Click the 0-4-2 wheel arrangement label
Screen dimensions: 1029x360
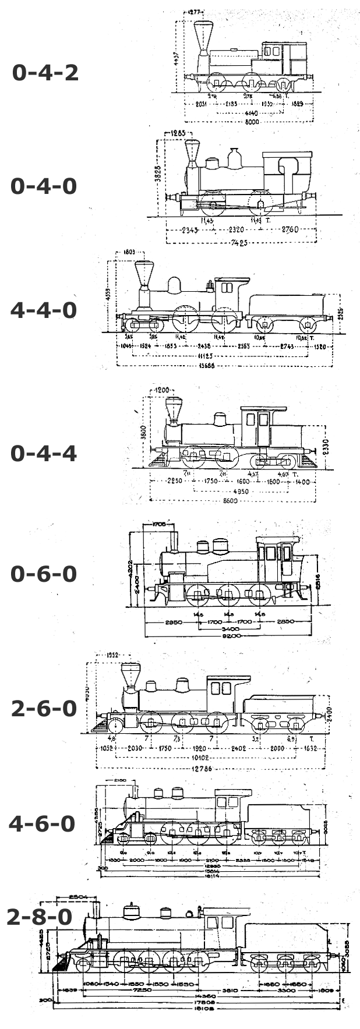click(x=45, y=73)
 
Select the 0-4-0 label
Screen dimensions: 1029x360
click(x=44, y=186)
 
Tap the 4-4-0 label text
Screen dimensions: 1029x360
click(x=44, y=310)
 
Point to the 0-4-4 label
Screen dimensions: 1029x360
click(x=44, y=453)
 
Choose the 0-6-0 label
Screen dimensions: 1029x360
click(x=44, y=574)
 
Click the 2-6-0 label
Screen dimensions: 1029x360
click(x=44, y=709)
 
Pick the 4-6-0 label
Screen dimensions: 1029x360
click(x=42, y=823)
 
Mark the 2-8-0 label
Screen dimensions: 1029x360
click(x=40, y=917)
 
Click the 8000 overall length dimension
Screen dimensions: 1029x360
click(x=252, y=122)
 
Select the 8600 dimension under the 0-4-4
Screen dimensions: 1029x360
click(x=232, y=501)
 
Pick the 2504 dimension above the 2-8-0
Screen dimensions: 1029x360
click(x=77, y=897)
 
